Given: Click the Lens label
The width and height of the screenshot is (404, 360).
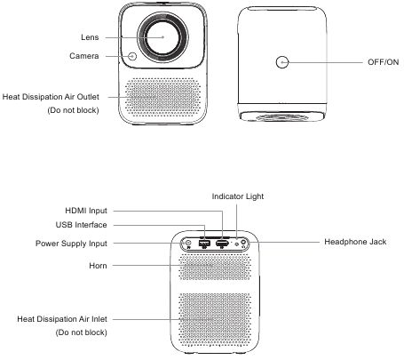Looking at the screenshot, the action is click(x=90, y=37).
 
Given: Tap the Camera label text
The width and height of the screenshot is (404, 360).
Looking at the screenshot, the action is click(x=84, y=56).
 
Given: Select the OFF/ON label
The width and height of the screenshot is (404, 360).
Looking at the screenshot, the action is click(x=384, y=62).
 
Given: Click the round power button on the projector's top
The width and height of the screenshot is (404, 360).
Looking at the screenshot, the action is click(x=282, y=62).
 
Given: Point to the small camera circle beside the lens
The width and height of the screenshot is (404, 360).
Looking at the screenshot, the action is click(x=132, y=56).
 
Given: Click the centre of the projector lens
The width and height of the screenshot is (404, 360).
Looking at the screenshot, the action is click(x=162, y=37).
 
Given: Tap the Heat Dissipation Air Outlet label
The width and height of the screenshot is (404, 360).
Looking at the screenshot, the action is click(x=51, y=97).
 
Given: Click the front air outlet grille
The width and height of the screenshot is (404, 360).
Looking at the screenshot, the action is click(x=162, y=97).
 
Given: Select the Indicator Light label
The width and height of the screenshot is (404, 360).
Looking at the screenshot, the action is click(x=238, y=196).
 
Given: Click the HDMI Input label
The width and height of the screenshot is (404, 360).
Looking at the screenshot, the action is click(x=86, y=211).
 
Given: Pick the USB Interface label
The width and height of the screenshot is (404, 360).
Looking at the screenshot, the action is click(x=81, y=225).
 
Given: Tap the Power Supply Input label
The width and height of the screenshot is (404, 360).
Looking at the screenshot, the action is click(x=71, y=244).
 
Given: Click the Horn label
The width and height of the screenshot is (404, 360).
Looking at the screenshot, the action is click(x=98, y=266).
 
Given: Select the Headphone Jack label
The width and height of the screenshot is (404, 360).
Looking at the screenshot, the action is click(x=355, y=242).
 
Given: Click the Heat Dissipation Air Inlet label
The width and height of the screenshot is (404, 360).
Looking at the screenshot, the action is click(x=62, y=319).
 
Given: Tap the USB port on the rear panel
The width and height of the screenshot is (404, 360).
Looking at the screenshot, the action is click(x=204, y=244).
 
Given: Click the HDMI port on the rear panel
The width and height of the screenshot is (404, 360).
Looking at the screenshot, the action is click(x=222, y=244).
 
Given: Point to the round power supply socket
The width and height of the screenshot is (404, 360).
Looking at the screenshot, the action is click(x=188, y=244).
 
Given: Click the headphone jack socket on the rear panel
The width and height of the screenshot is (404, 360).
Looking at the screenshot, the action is click(x=244, y=243).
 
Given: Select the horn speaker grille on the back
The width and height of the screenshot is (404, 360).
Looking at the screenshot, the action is click(x=215, y=268).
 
